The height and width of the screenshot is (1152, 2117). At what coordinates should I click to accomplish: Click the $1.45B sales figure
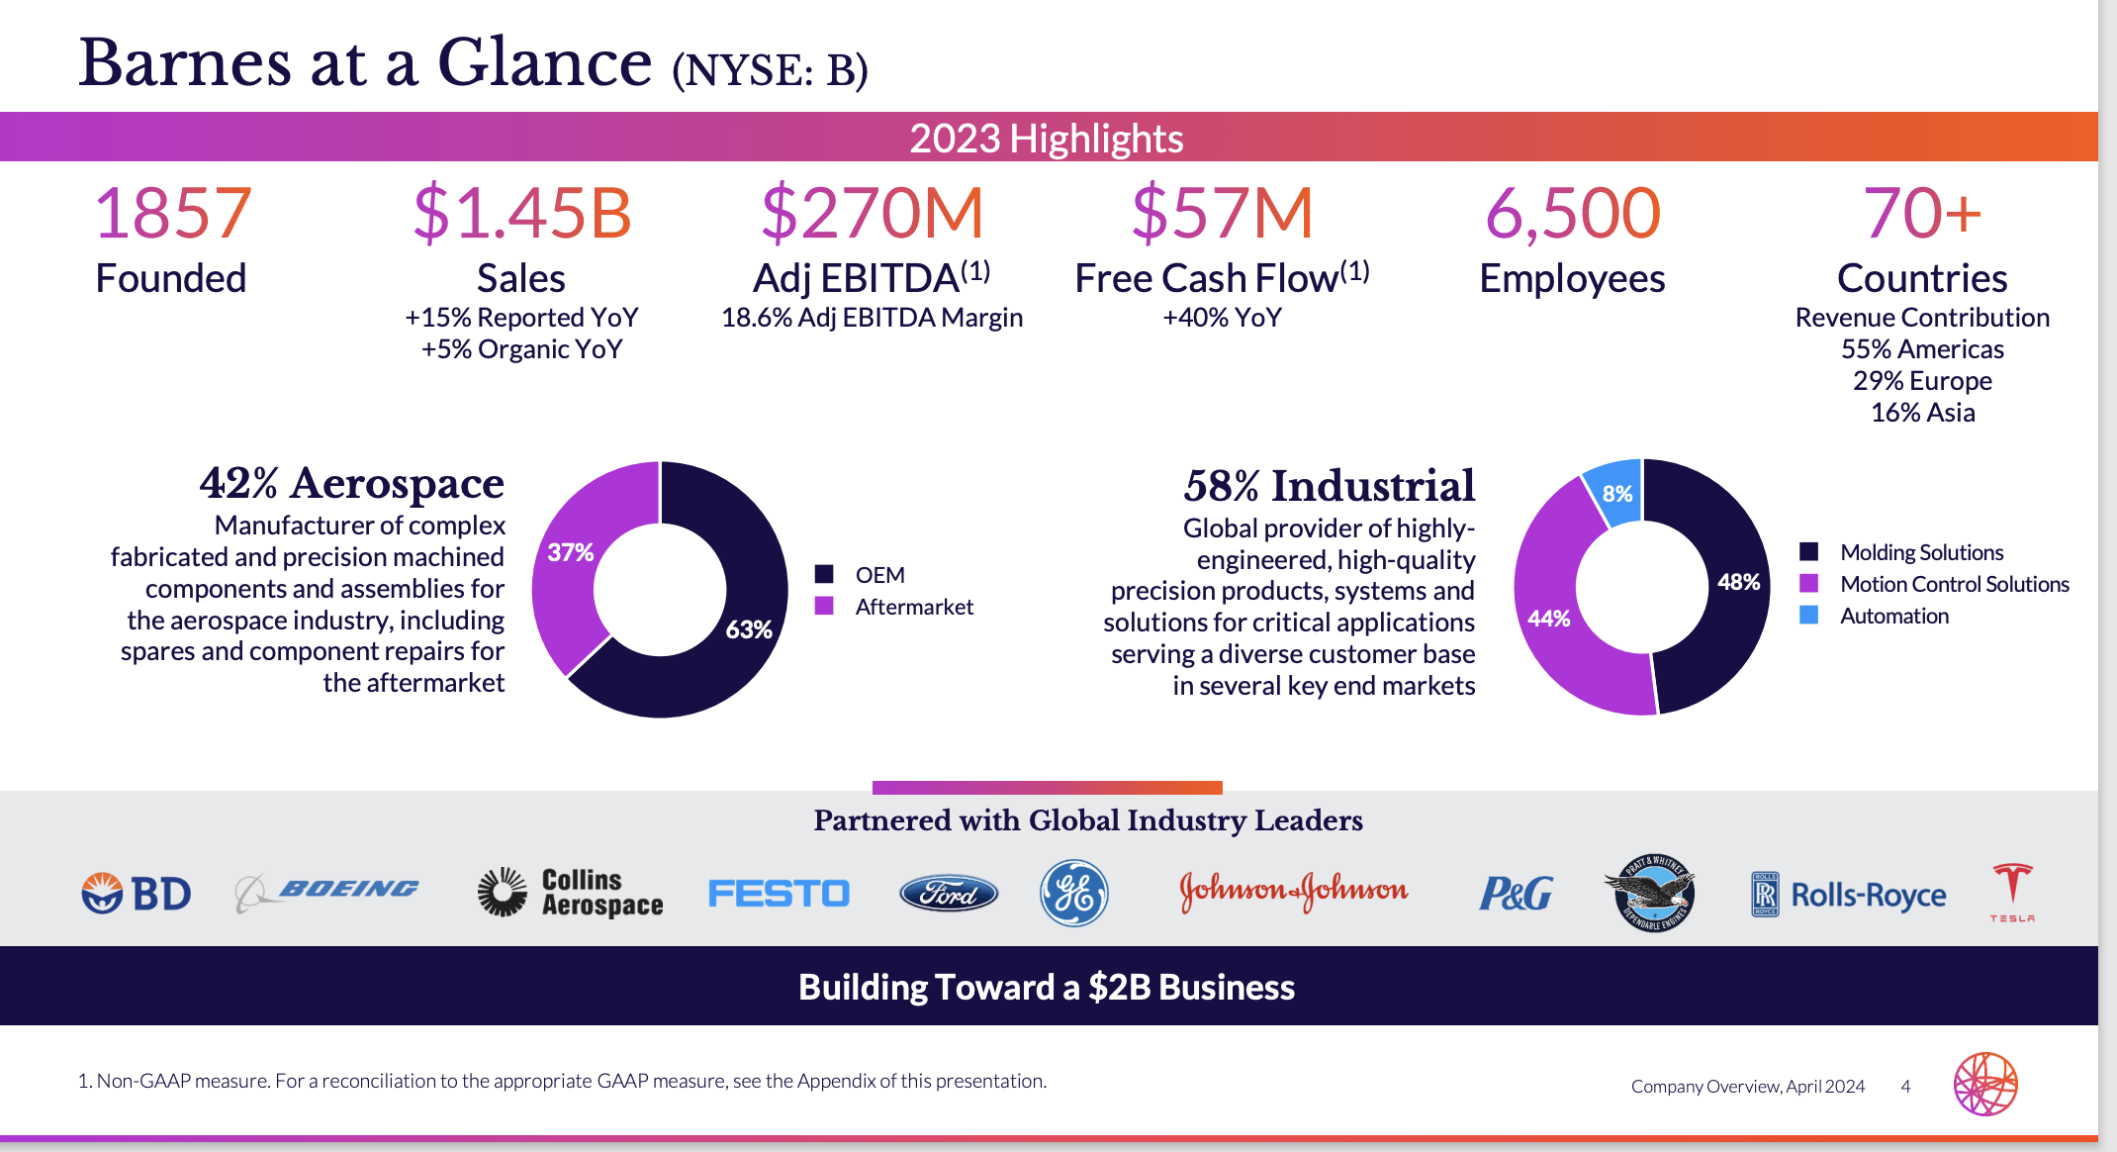[x=521, y=213]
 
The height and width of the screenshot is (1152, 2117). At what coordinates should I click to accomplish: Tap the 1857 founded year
[x=172, y=213]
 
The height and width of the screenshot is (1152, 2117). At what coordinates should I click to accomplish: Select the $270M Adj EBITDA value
[x=872, y=213]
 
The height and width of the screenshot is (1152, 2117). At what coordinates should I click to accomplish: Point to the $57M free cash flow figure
[x=1222, y=213]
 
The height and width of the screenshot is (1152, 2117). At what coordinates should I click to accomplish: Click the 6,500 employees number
[x=1572, y=213]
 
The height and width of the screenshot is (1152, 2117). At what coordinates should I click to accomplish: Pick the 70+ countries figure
[x=1922, y=213]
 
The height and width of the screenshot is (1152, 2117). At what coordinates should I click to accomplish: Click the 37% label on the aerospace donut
[x=570, y=552]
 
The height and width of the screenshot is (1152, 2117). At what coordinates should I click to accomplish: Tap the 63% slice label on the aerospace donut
[x=748, y=629]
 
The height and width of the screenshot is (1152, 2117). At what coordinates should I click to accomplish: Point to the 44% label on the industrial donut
[x=1548, y=619]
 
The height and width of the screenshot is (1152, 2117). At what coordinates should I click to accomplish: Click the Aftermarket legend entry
[x=913, y=607]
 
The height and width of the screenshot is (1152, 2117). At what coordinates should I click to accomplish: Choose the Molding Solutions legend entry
[x=1920, y=552]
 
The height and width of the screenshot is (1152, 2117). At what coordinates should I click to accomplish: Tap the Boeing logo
[x=327, y=891]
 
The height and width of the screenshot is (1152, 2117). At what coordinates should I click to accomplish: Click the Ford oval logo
[x=948, y=894]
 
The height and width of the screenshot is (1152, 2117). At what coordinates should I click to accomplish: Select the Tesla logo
[x=2011, y=892]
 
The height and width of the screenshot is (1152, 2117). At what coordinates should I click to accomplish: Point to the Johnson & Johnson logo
[x=1293, y=891]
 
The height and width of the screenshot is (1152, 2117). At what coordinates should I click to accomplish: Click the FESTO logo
[x=779, y=894]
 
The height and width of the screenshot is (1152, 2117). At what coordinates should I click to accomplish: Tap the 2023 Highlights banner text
[x=1046, y=139]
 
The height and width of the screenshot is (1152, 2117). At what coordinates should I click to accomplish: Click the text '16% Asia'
[x=1922, y=413]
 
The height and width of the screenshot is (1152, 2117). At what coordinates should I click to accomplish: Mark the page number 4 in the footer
[x=1905, y=1086]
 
